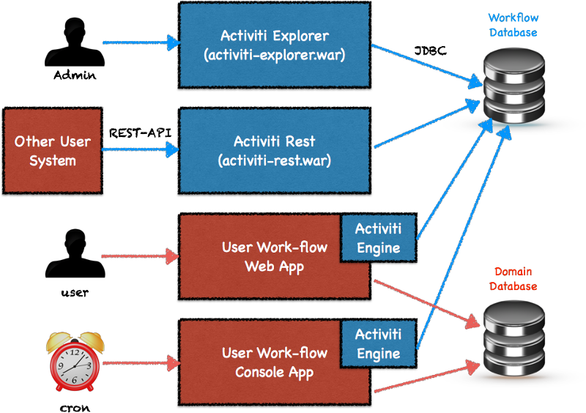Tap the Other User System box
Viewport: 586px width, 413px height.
(x=52, y=151)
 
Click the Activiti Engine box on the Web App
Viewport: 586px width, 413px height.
(x=378, y=237)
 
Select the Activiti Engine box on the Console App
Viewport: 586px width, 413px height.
(x=378, y=344)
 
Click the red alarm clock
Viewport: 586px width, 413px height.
(x=74, y=360)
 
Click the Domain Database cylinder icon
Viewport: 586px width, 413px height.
(x=515, y=338)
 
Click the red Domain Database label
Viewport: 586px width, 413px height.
(x=513, y=278)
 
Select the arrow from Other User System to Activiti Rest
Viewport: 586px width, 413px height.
(x=139, y=151)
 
